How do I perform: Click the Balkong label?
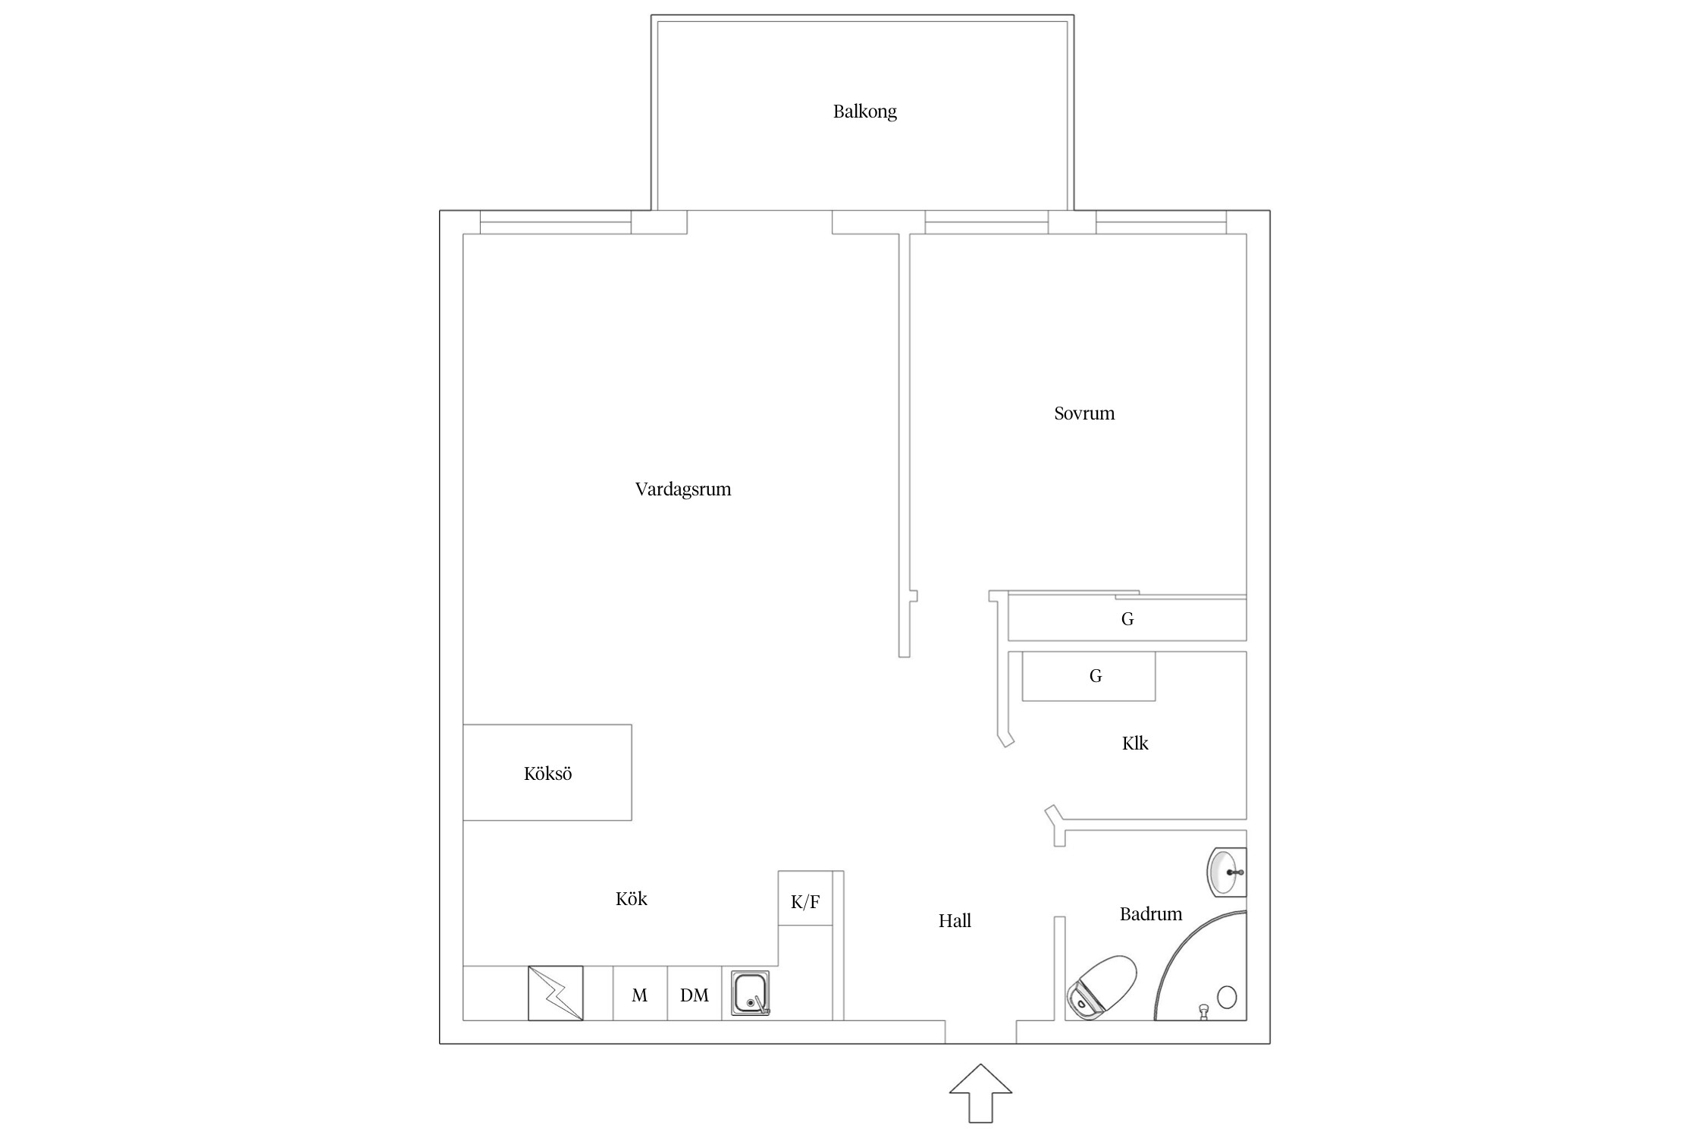864,112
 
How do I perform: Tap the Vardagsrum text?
683,489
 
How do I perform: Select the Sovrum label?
1084,413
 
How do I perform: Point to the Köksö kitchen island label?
547,774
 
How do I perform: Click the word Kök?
632,899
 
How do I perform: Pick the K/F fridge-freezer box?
805,898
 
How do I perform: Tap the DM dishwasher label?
695,995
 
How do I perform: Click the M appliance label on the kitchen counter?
640,995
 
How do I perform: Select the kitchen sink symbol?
751,993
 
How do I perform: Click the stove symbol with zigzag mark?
556,993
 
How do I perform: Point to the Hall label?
955,921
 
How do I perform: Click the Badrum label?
1151,914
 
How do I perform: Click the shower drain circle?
1227,997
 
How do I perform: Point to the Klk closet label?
1135,743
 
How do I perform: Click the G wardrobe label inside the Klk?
1096,676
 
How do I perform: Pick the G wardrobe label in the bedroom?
1127,619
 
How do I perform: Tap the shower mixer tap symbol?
1203,1012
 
